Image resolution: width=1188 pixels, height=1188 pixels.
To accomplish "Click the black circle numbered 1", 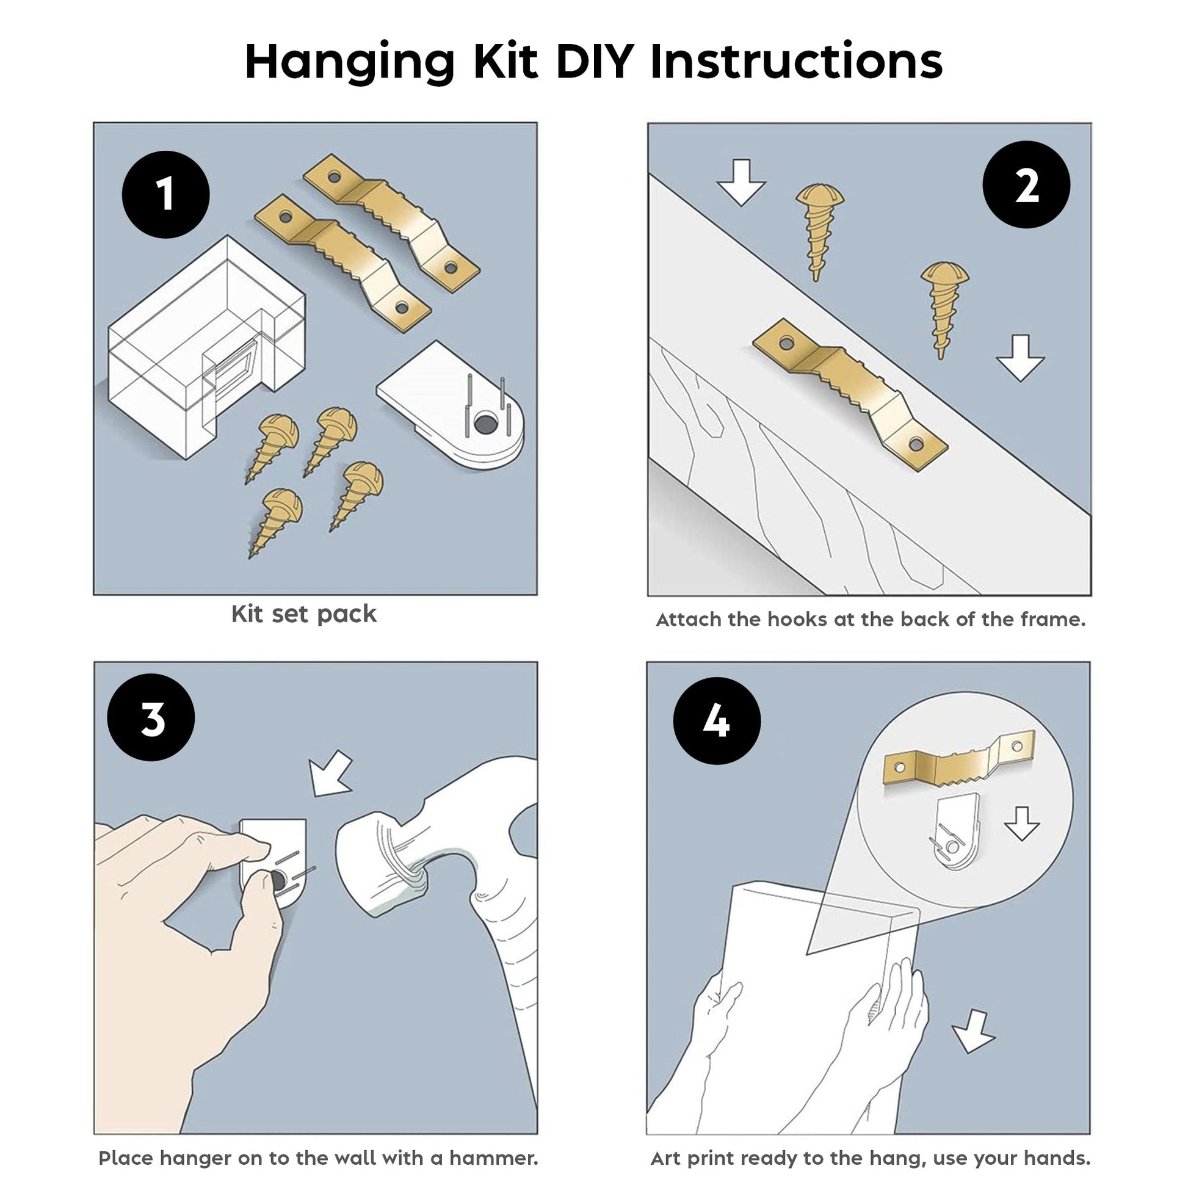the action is coord(166,194).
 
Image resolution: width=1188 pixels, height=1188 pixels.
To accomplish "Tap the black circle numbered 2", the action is coord(1026,184).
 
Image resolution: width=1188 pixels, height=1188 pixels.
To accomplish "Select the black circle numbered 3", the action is coord(151,717).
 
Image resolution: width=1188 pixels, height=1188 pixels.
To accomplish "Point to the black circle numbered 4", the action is coord(717,720).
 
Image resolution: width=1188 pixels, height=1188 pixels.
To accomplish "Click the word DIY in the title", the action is coord(595,62).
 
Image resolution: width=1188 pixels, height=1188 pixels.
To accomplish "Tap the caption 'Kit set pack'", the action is coord(304,614).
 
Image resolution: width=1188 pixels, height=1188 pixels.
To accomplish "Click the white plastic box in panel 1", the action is coord(206,347).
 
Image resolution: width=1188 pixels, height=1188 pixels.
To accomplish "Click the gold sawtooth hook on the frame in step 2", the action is coord(850,394).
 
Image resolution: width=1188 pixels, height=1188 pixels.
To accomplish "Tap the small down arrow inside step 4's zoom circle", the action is coord(1021,823).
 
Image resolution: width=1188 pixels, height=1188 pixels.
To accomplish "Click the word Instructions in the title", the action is coord(796,62).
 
